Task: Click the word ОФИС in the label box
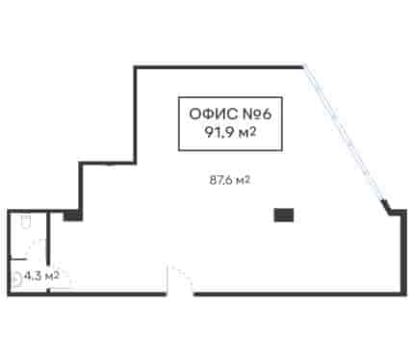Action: pyautogui.click(x=213, y=114)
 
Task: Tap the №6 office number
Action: pyautogui.click(x=256, y=114)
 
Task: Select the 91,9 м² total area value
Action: pyautogui.click(x=230, y=132)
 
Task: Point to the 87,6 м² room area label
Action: pyautogui.click(x=230, y=180)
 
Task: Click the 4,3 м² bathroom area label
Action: pyautogui.click(x=41, y=275)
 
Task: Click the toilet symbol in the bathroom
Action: pyautogui.click(x=25, y=221)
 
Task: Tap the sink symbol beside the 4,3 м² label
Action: pyautogui.click(x=17, y=278)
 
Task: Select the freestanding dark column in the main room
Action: pyautogui.click(x=284, y=215)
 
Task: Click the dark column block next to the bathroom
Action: pyautogui.click(x=72, y=215)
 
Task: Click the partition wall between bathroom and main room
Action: pyautogui.click(x=48, y=251)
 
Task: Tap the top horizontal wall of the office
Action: pyautogui.click(x=219, y=67)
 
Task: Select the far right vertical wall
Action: pyautogui.click(x=405, y=252)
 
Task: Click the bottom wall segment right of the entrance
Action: pyautogui.click(x=300, y=294)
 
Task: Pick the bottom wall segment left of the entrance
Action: pyautogui.click(x=87, y=294)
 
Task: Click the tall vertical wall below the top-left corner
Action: pyautogui.click(x=136, y=115)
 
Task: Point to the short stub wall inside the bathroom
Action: pyautogui.click(x=18, y=259)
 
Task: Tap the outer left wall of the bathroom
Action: pyautogui.click(x=9, y=252)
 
